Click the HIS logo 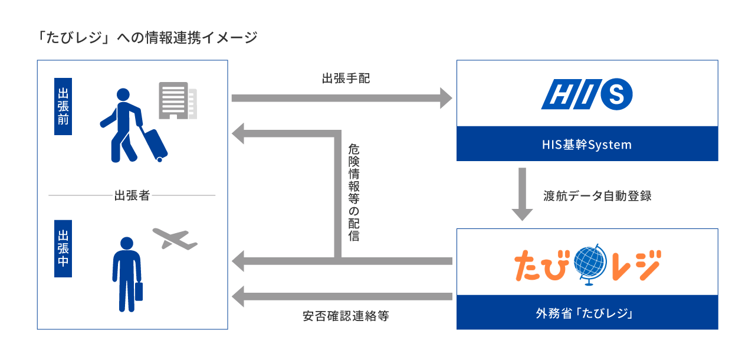pyautogui.click(x=587, y=94)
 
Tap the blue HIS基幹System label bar pyautogui.click(x=587, y=143)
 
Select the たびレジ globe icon pyautogui.click(x=588, y=264)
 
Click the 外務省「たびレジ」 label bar pyautogui.click(x=587, y=312)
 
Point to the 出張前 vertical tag pyautogui.click(x=63, y=106)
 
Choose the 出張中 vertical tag pyautogui.click(x=63, y=248)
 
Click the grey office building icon pyautogui.click(x=176, y=100)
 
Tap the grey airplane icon pyautogui.click(x=175, y=238)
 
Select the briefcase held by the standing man pyautogui.click(x=139, y=292)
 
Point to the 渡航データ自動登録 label pyautogui.click(x=598, y=196)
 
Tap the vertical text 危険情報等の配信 pyautogui.click(x=353, y=192)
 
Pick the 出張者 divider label pyautogui.click(x=132, y=195)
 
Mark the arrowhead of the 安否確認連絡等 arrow pyautogui.click(x=238, y=296)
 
